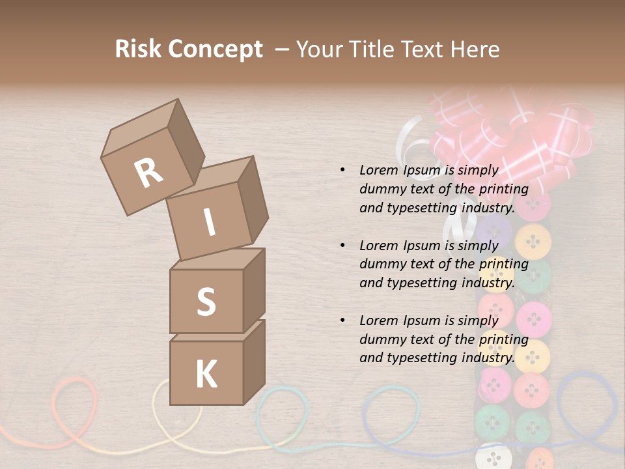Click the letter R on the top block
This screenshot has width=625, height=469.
[148, 173]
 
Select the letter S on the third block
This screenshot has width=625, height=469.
[206, 302]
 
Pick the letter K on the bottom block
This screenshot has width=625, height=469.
[206, 375]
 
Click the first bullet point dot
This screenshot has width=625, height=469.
[342, 170]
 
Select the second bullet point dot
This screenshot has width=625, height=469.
[342, 246]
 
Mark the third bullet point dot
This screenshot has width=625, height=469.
[342, 320]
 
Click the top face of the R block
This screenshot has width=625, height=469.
[140, 128]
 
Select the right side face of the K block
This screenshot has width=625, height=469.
[254, 362]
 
